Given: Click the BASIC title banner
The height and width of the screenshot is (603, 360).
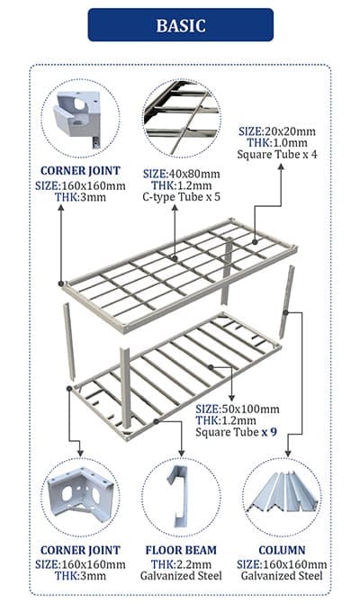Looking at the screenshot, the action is pyautogui.click(x=180, y=25).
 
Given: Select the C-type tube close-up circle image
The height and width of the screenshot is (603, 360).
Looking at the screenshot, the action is pyautogui.click(x=182, y=118).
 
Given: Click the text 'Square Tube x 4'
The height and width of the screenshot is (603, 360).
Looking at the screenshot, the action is pyautogui.click(x=277, y=155).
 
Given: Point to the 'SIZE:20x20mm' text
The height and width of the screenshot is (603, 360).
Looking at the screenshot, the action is pyautogui.click(x=277, y=131).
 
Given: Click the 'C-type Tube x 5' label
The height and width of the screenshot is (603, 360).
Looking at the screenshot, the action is pyautogui.click(x=182, y=197).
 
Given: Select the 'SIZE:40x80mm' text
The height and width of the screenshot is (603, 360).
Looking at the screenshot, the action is pyautogui.click(x=182, y=174).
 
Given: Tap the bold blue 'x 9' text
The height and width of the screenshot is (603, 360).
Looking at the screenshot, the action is pyautogui.click(x=269, y=432).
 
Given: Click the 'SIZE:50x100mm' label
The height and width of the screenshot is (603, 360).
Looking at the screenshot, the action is pyautogui.click(x=238, y=409).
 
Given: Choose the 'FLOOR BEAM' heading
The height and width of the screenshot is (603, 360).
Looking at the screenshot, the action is pyautogui.click(x=181, y=550).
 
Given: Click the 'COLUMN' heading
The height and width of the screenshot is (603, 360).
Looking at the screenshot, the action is pyautogui.click(x=282, y=550).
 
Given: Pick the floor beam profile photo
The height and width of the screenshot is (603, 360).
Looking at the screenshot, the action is pyautogui.click(x=178, y=496).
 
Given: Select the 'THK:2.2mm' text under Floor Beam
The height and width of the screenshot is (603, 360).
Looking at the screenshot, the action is pyautogui.click(x=181, y=564).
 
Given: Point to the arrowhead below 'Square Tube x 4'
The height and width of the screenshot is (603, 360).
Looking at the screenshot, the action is pyautogui.click(x=281, y=166).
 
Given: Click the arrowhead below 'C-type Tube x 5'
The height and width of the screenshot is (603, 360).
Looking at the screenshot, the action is pyautogui.click(x=175, y=208).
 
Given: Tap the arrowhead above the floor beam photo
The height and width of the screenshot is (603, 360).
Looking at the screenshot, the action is pyautogui.click(x=182, y=454).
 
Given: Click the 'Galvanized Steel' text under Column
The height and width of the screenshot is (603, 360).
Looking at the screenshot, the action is pyautogui.click(x=282, y=576).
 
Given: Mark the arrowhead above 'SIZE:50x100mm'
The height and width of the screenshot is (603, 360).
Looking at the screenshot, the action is pyautogui.click(x=231, y=398).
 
